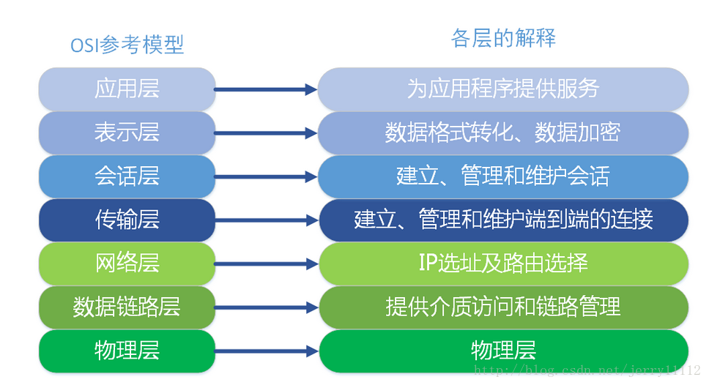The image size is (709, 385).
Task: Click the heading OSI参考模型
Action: pos(127,45)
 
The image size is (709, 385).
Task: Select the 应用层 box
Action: pos(127,89)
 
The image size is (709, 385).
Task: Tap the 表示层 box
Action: pos(127,132)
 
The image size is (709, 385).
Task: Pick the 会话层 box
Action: pos(127,176)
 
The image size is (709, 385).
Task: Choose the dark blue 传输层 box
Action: pos(127,220)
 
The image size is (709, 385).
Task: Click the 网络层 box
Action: pos(127,263)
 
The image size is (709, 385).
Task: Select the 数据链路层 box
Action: pos(127,307)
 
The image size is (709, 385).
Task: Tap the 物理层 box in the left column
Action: pos(127,350)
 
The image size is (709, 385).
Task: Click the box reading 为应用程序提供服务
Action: pos(503,89)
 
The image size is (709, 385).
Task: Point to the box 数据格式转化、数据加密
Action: pos(503,132)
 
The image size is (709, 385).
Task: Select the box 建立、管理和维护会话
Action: pos(503,176)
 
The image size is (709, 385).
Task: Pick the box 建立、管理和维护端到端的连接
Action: pos(503,220)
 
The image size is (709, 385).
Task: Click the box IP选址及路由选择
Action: pos(503,263)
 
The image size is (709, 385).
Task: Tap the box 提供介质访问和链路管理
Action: pos(503,307)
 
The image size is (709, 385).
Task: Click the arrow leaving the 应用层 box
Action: pos(266,89)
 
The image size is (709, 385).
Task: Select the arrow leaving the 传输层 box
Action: pos(266,220)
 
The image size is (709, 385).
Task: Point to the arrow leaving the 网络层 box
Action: pos(266,264)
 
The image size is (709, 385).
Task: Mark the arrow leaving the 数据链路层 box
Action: pos(266,307)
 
